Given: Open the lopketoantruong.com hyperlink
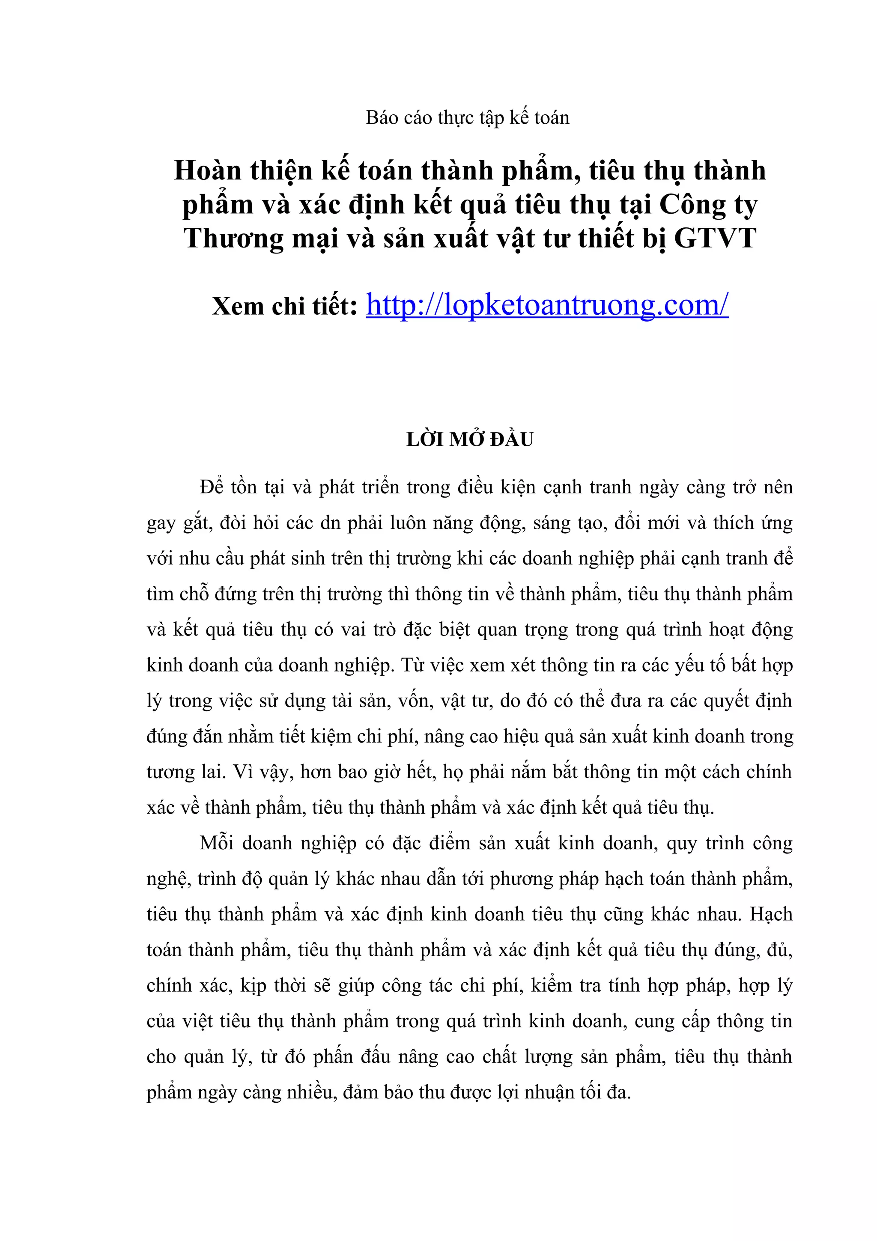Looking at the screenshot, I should (547, 305).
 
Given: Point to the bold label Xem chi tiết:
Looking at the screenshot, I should (285, 307).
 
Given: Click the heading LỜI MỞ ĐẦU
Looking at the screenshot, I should (470, 439).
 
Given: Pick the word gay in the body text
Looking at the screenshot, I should (161, 524).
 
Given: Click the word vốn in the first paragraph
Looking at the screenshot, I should (415, 701).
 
